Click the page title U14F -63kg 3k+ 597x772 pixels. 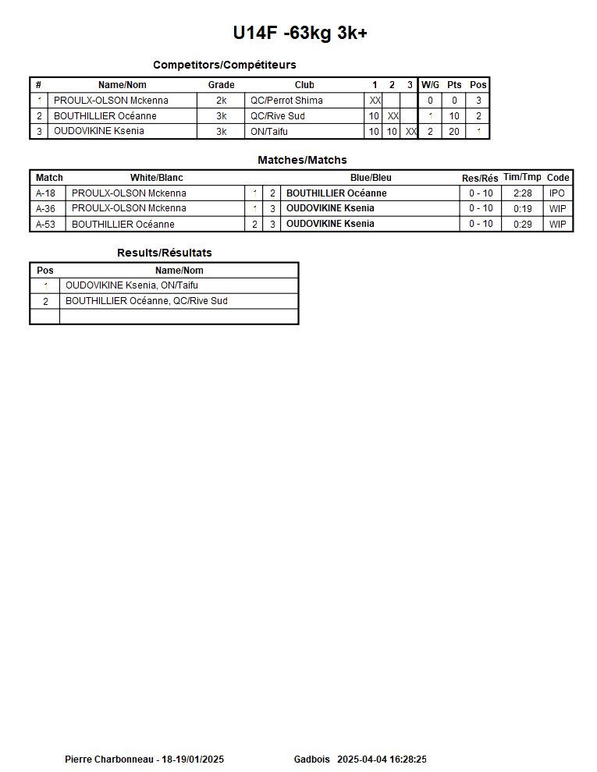coord(300,33)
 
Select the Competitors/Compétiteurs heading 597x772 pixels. coord(224,65)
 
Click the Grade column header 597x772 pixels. coord(221,85)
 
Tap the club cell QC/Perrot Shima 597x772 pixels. coord(286,101)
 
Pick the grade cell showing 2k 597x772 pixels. coord(221,101)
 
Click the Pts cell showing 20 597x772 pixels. coord(454,132)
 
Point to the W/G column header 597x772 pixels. coord(430,85)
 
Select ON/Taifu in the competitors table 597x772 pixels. coord(268,132)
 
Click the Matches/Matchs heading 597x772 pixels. coord(302,160)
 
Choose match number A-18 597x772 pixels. coord(46,193)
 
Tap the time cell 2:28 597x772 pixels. coord(522,193)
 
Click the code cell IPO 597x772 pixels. coord(557,193)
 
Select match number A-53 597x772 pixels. coord(46,225)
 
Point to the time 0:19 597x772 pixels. coord(522,209)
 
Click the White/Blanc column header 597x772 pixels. coord(156,178)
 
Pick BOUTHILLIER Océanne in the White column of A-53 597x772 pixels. coord(123,225)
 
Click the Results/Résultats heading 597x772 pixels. coord(164,253)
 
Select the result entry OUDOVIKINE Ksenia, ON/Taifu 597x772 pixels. coord(131,285)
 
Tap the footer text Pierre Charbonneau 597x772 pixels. coord(109,759)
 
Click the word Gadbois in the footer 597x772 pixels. coord(311,759)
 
